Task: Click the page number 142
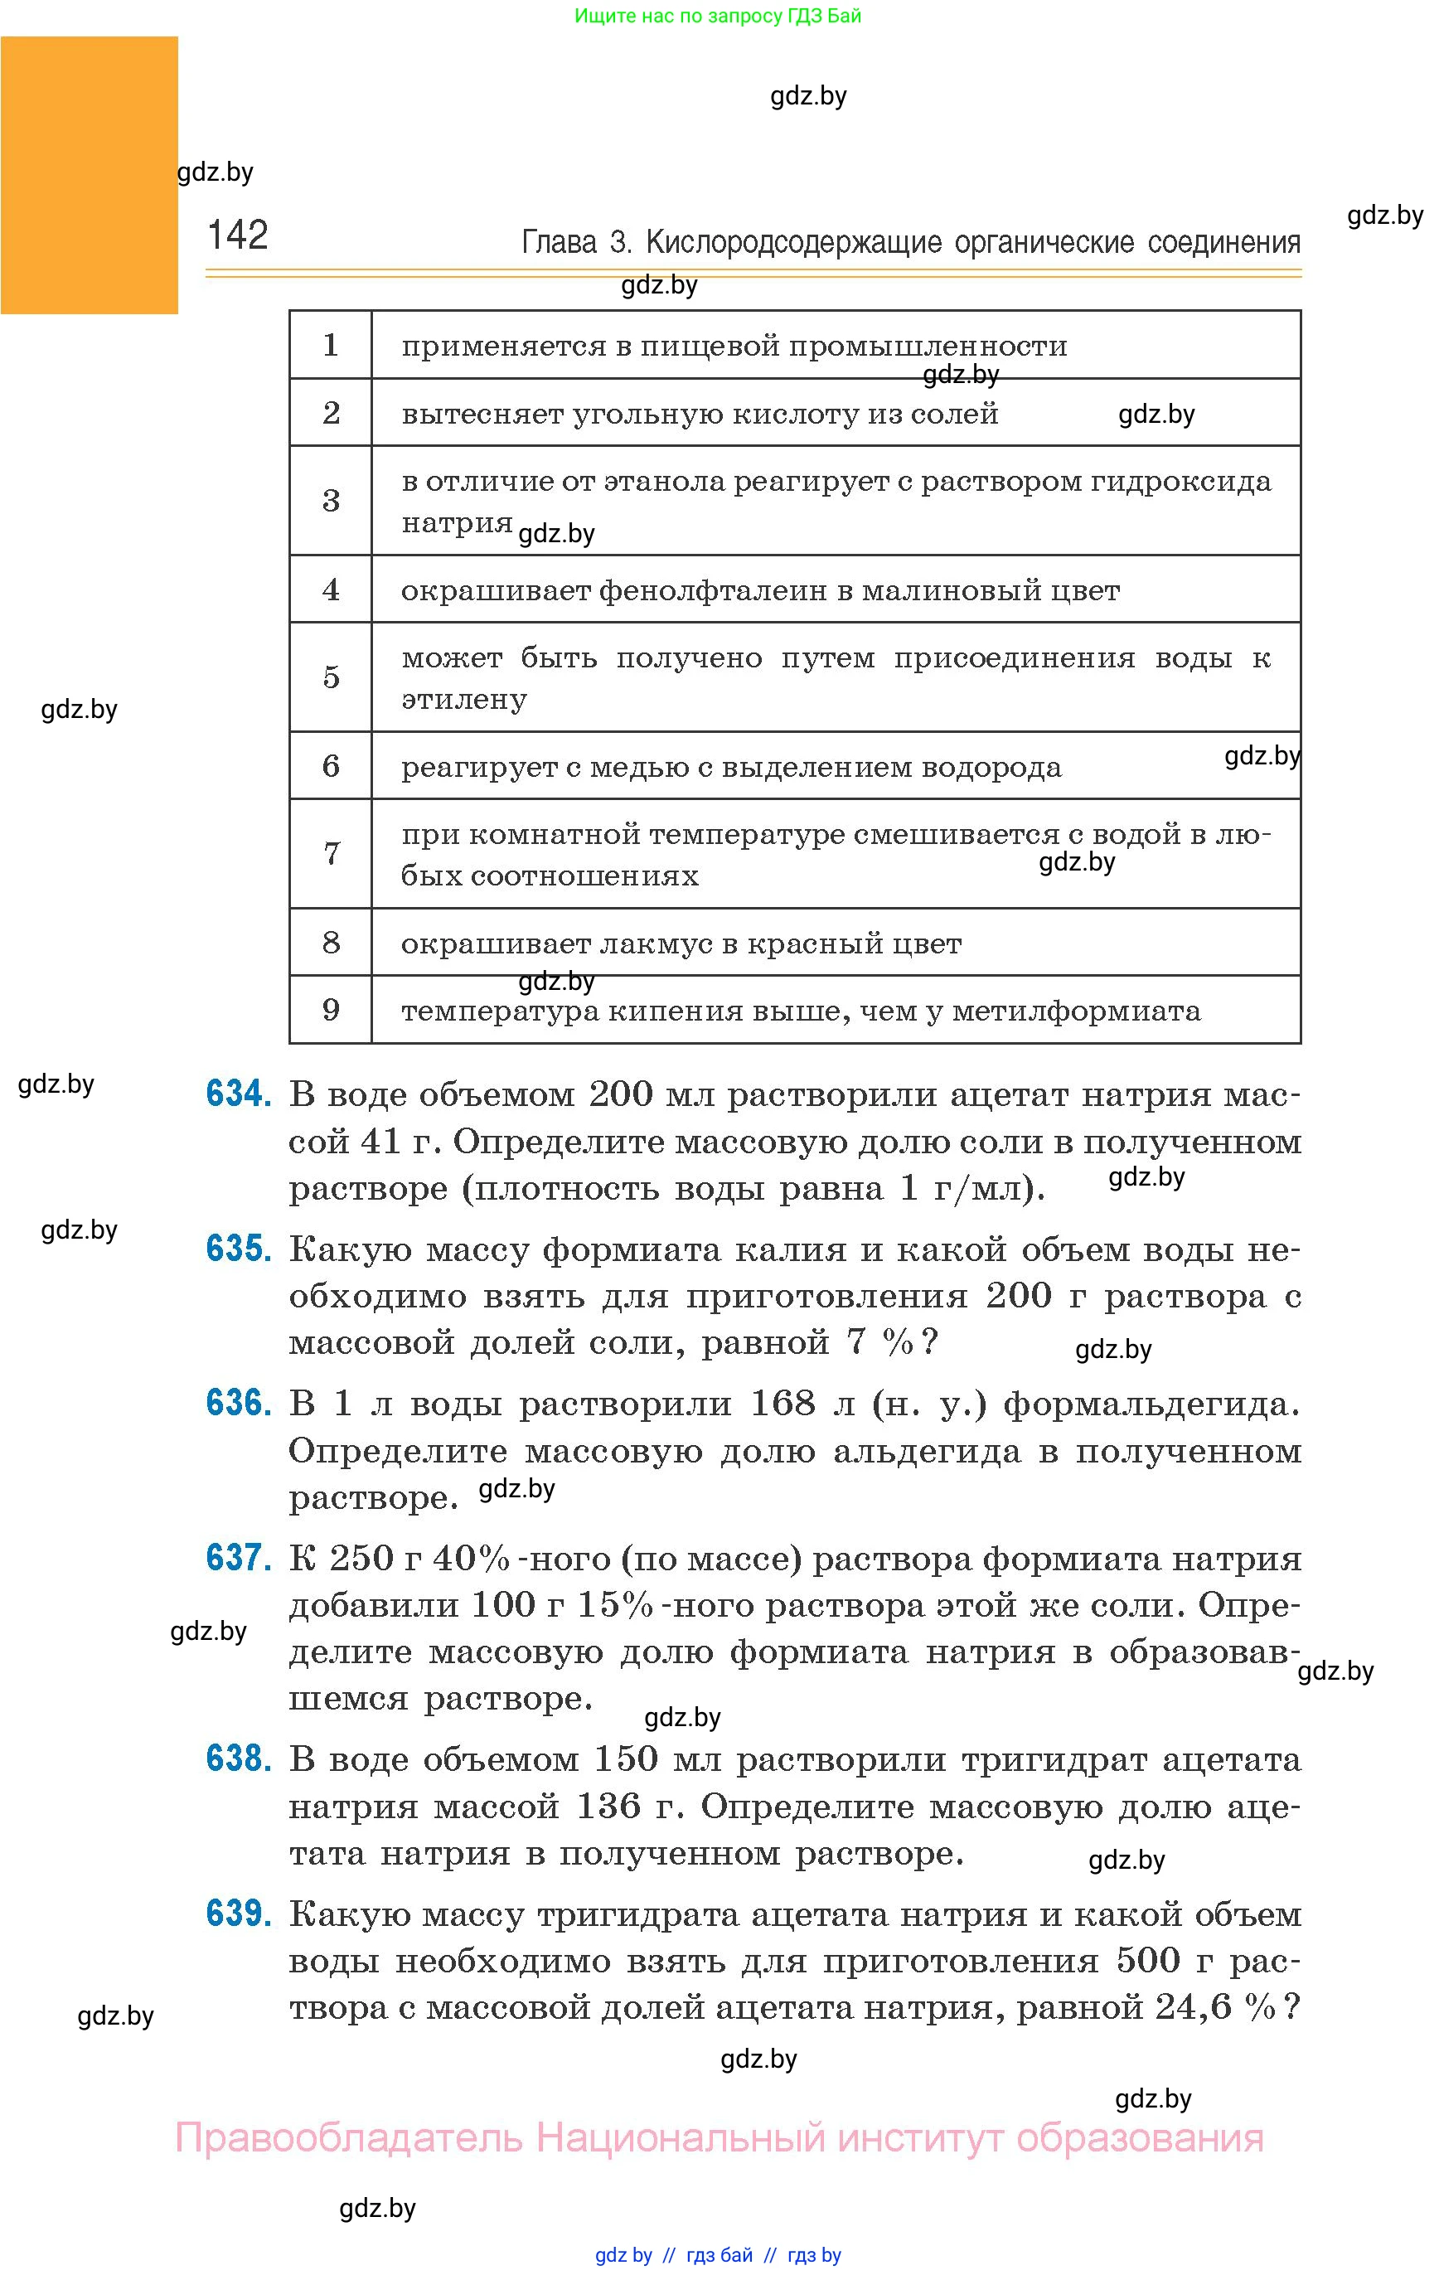click(x=237, y=235)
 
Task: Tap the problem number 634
click(x=238, y=1094)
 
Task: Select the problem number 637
click(x=238, y=1557)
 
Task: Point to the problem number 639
click(x=238, y=1914)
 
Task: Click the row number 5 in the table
click(x=331, y=677)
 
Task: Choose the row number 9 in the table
click(x=331, y=1009)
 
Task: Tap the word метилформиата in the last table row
click(x=1076, y=1011)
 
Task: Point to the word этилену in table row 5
click(x=464, y=700)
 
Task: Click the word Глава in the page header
click(x=559, y=243)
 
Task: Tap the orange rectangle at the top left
click(x=89, y=175)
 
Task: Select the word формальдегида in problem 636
click(x=1151, y=1404)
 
